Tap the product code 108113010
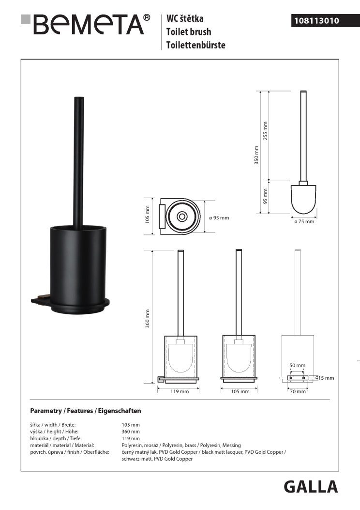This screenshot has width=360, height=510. tap(316, 21)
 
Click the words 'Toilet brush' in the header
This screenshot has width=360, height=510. tap(189, 32)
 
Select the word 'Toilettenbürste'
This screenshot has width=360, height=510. tap(196, 45)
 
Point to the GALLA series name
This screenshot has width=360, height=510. tap(311, 487)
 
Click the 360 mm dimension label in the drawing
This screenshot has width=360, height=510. tap(148, 318)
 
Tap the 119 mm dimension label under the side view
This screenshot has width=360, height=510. tap(180, 392)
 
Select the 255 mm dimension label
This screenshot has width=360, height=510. tap(266, 131)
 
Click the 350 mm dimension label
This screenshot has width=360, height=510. tap(256, 155)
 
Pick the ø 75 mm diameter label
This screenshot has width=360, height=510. tap(304, 221)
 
